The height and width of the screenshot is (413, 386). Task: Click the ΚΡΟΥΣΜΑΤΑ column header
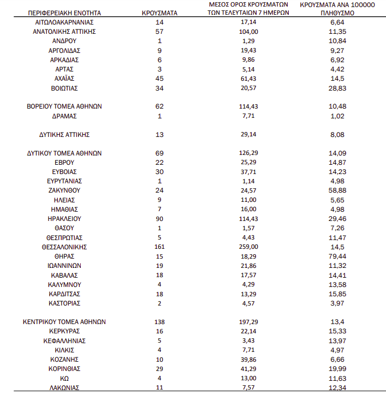(159, 11)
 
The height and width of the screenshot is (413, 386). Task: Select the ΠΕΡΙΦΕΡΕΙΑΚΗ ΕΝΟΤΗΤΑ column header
(64, 11)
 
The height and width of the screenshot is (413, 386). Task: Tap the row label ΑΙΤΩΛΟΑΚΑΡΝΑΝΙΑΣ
(64, 22)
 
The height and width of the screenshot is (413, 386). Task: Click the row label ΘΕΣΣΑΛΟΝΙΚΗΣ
(64, 247)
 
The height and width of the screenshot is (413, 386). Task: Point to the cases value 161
(159, 247)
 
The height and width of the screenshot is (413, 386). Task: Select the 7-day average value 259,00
(248, 247)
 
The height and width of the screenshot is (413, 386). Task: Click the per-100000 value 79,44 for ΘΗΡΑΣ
(337, 256)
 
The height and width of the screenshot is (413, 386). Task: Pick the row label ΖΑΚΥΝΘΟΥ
(64, 191)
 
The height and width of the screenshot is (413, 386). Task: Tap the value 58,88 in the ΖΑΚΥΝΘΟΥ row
(337, 191)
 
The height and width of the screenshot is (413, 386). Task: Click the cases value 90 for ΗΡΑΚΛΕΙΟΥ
(159, 219)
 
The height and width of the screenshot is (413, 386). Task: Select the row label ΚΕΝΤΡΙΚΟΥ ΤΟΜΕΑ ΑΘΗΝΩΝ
(64, 322)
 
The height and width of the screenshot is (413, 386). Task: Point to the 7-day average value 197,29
(248, 322)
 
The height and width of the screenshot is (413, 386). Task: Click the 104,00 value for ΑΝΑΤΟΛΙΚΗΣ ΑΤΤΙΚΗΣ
(248, 32)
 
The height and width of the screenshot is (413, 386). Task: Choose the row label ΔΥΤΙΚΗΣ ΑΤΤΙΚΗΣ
(64, 134)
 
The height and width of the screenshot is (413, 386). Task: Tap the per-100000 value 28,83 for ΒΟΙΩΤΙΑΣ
(337, 88)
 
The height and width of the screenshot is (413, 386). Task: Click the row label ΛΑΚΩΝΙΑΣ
(64, 387)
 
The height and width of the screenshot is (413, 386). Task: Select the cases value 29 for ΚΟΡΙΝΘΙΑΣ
(159, 369)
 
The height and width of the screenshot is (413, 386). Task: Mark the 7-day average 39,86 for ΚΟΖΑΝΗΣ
(248, 360)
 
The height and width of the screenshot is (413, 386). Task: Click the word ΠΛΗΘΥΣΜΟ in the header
(337, 11)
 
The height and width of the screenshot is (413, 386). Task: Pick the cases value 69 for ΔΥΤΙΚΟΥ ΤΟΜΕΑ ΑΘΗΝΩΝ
(159, 153)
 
